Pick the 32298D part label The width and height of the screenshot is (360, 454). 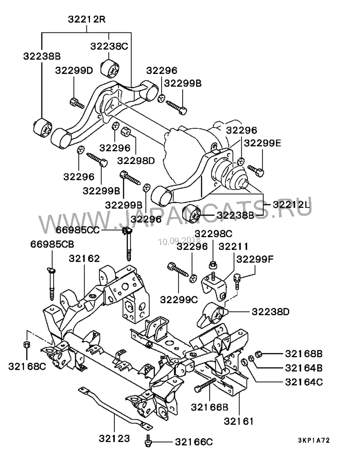point(136,160)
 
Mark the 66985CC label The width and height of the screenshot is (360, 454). point(77,230)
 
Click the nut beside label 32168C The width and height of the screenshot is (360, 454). point(27,345)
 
